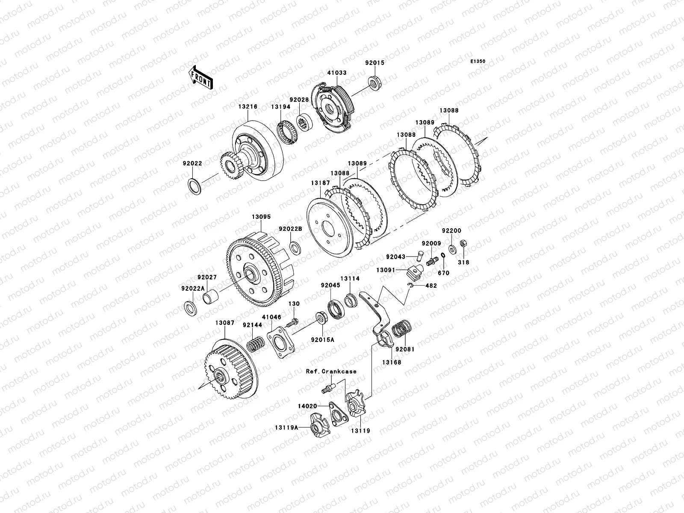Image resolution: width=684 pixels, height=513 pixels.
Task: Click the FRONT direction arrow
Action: [200, 77]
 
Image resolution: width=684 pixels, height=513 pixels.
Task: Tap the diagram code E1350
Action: [478, 62]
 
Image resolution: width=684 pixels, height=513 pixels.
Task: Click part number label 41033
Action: [336, 73]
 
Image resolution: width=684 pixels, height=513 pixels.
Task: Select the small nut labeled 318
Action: [463, 243]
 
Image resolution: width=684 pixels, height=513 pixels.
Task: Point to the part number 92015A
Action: [322, 340]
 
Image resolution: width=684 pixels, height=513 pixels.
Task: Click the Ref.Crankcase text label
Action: [331, 371]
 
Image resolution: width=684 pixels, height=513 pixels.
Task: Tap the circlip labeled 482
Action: [411, 285]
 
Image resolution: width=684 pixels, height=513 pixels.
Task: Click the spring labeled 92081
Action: [401, 329]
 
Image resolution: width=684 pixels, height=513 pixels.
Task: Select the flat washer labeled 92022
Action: [195, 186]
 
